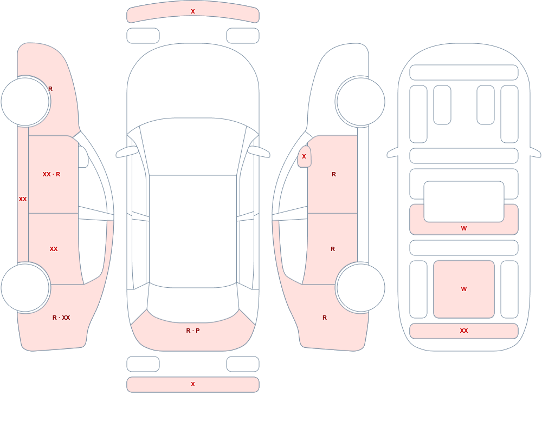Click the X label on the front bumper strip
click(x=193, y=11)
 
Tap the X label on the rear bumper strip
click(x=193, y=384)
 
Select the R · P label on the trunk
click(x=193, y=331)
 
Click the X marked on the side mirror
click(x=304, y=156)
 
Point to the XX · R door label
click(x=51, y=174)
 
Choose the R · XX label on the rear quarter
click(x=61, y=318)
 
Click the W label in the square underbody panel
click(x=464, y=289)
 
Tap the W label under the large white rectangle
click(x=464, y=228)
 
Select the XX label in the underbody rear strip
click(x=464, y=331)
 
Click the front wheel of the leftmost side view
click(x=25, y=102)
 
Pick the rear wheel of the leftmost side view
click(x=25, y=288)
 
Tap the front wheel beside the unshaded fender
click(x=360, y=102)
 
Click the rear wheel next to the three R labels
click(x=360, y=288)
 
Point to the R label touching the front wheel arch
click(x=50, y=89)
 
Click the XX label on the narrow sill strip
click(x=23, y=199)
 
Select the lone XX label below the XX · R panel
click(x=54, y=249)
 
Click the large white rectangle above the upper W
click(x=464, y=202)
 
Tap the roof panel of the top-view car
click(x=193, y=231)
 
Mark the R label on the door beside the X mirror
click(x=333, y=174)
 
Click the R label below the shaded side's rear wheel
click(x=325, y=318)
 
